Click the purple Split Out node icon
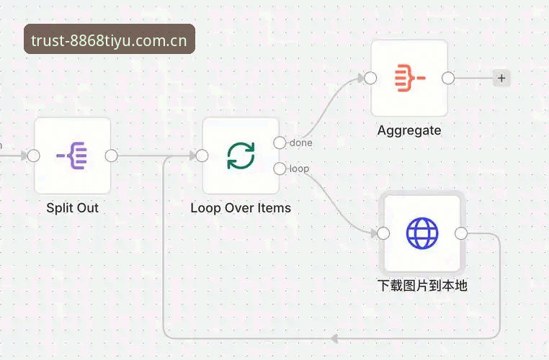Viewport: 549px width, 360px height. pos(72,156)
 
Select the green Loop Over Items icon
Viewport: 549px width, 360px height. pos(241,156)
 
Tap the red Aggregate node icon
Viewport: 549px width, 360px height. pos(410,78)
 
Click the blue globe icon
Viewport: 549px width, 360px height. pos(422,233)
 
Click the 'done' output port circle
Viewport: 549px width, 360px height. pos(280,143)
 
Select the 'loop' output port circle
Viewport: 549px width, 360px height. pos(280,168)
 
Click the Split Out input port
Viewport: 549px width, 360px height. pos(34,156)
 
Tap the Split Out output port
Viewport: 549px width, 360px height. pos(112,156)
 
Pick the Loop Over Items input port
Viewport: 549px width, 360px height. pos(202,156)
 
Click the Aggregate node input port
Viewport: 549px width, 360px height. pos(370,78)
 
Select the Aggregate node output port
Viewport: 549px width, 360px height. pos(448,78)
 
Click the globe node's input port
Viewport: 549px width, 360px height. pos(383,233)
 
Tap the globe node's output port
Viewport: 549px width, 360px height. pos(461,233)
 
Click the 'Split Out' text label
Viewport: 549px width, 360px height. pos(73,208)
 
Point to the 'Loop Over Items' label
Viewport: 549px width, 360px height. pos(241,208)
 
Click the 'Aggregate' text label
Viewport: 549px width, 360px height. pos(409,131)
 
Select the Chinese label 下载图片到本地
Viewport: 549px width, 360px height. pos(422,286)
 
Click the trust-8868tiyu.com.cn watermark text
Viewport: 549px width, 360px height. pos(110,40)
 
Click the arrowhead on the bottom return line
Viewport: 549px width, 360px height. pos(334,338)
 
